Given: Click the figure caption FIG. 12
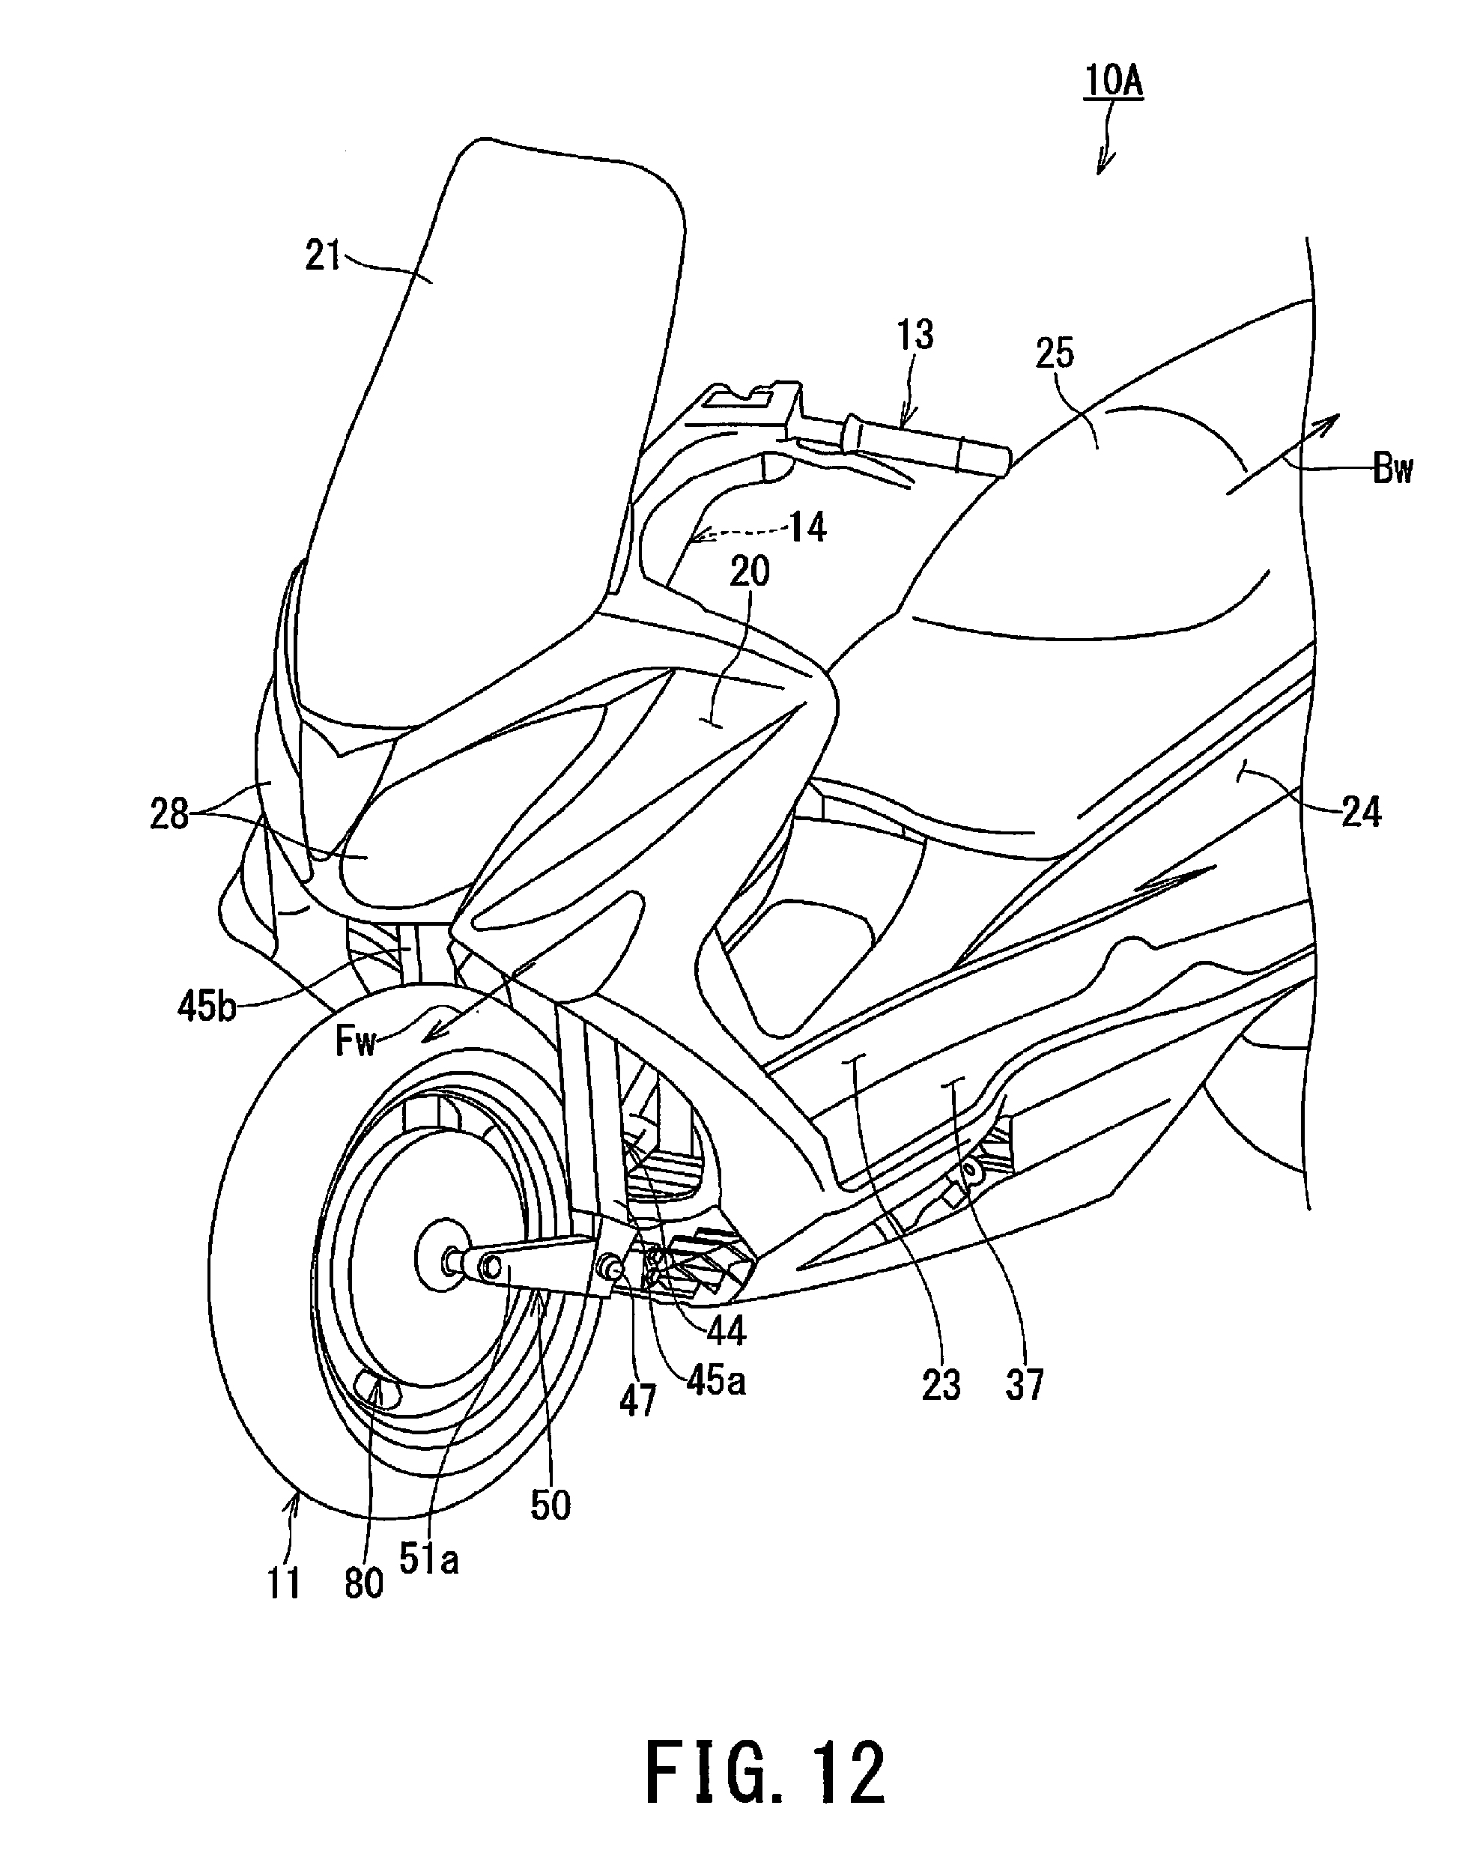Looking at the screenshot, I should (x=765, y=1771).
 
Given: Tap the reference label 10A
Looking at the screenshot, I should (x=1114, y=82).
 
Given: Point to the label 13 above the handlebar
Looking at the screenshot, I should (x=915, y=335).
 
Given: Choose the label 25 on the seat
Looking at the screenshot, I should (x=1055, y=354).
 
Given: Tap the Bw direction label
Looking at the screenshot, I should (x=1392, y=470).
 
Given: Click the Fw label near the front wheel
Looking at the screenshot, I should (x=356, y=1043).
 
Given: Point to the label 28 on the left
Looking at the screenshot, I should (x=169, y=814).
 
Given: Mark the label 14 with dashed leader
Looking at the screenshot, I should (x=807, y=526).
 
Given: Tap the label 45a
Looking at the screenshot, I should (x=715, y=1381).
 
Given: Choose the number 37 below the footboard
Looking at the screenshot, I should (x=1025, y=1384).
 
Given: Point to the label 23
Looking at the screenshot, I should (x=941, y=1384).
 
